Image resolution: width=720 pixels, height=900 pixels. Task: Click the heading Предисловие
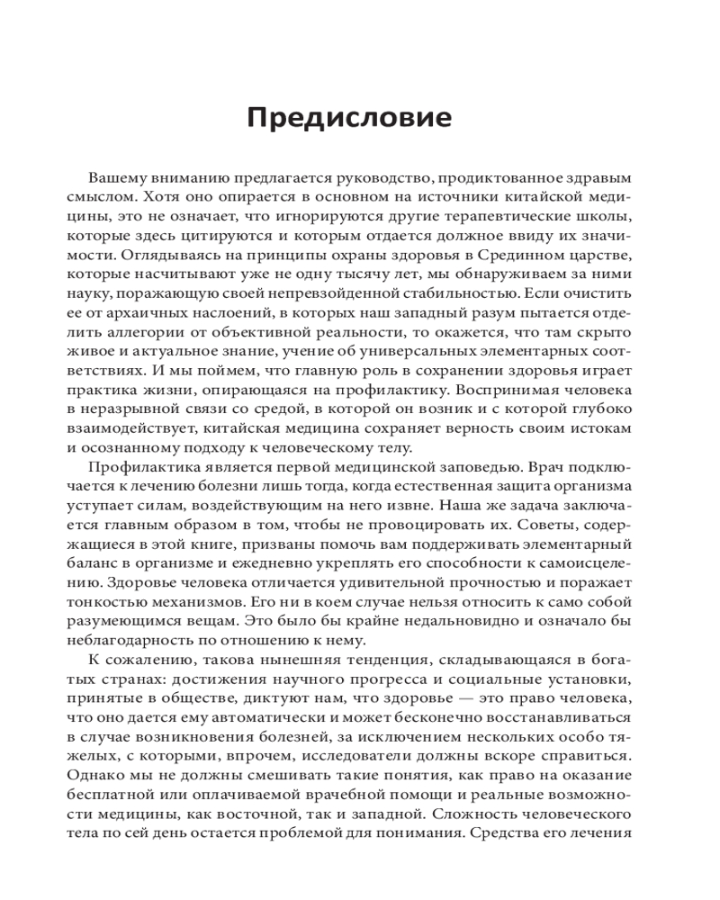click(349, 118)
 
